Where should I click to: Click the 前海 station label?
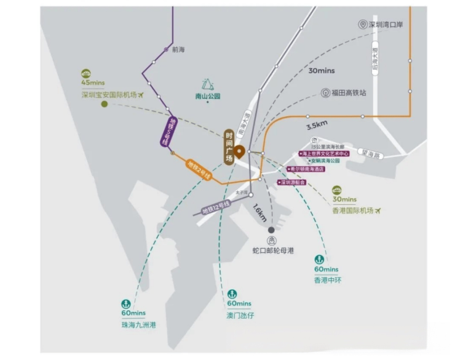click(178, 49)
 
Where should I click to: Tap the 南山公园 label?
click(207, 96)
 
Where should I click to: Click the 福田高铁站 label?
click(348, 93)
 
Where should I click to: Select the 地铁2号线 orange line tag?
click(198, 169)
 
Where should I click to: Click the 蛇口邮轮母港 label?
click(273, 251)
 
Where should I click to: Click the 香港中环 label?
click(327, 280)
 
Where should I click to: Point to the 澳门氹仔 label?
click(239, 315)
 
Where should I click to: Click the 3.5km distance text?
click(317, 126)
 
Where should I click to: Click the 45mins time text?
click(93, 83)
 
